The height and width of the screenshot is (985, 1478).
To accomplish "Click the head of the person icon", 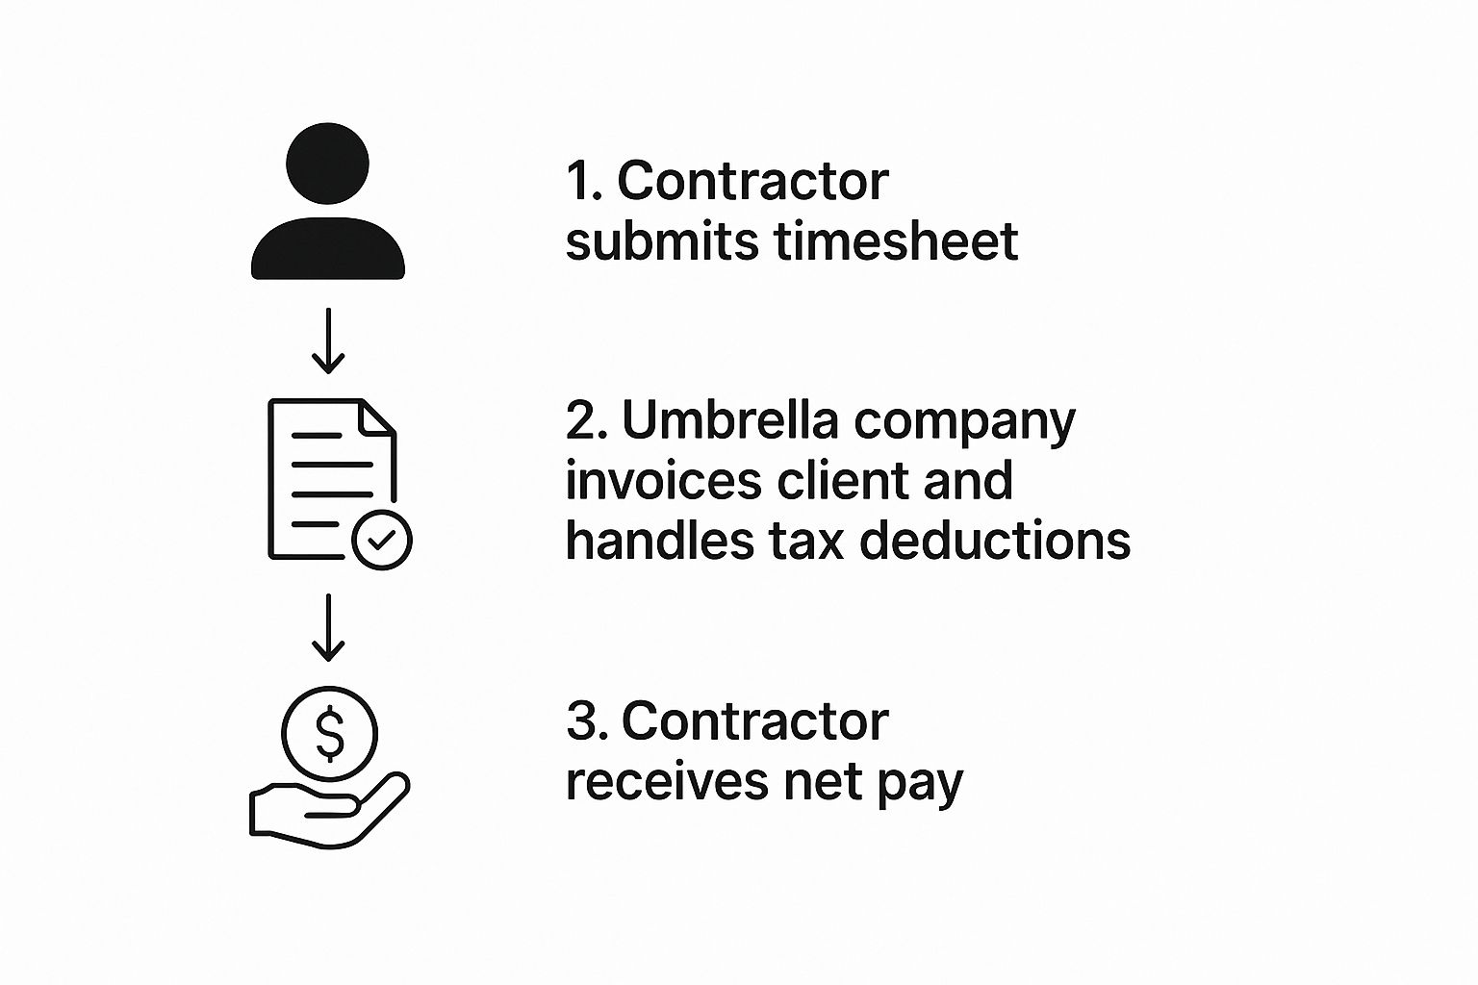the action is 327,163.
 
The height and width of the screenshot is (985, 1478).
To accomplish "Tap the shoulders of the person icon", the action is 328,248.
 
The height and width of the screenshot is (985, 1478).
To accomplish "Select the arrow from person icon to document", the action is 328,341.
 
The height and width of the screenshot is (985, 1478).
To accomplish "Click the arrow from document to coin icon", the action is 328,627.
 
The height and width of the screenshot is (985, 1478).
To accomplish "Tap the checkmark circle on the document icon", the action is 382,540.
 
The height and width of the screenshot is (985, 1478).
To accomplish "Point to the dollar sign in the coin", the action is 330,733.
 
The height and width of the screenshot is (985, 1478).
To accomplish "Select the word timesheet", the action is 896,240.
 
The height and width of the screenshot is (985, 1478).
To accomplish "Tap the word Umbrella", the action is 730,420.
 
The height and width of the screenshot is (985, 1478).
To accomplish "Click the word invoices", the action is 664,480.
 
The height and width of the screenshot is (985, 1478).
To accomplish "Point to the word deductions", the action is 995,541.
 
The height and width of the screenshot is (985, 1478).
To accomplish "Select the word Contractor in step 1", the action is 752,181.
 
